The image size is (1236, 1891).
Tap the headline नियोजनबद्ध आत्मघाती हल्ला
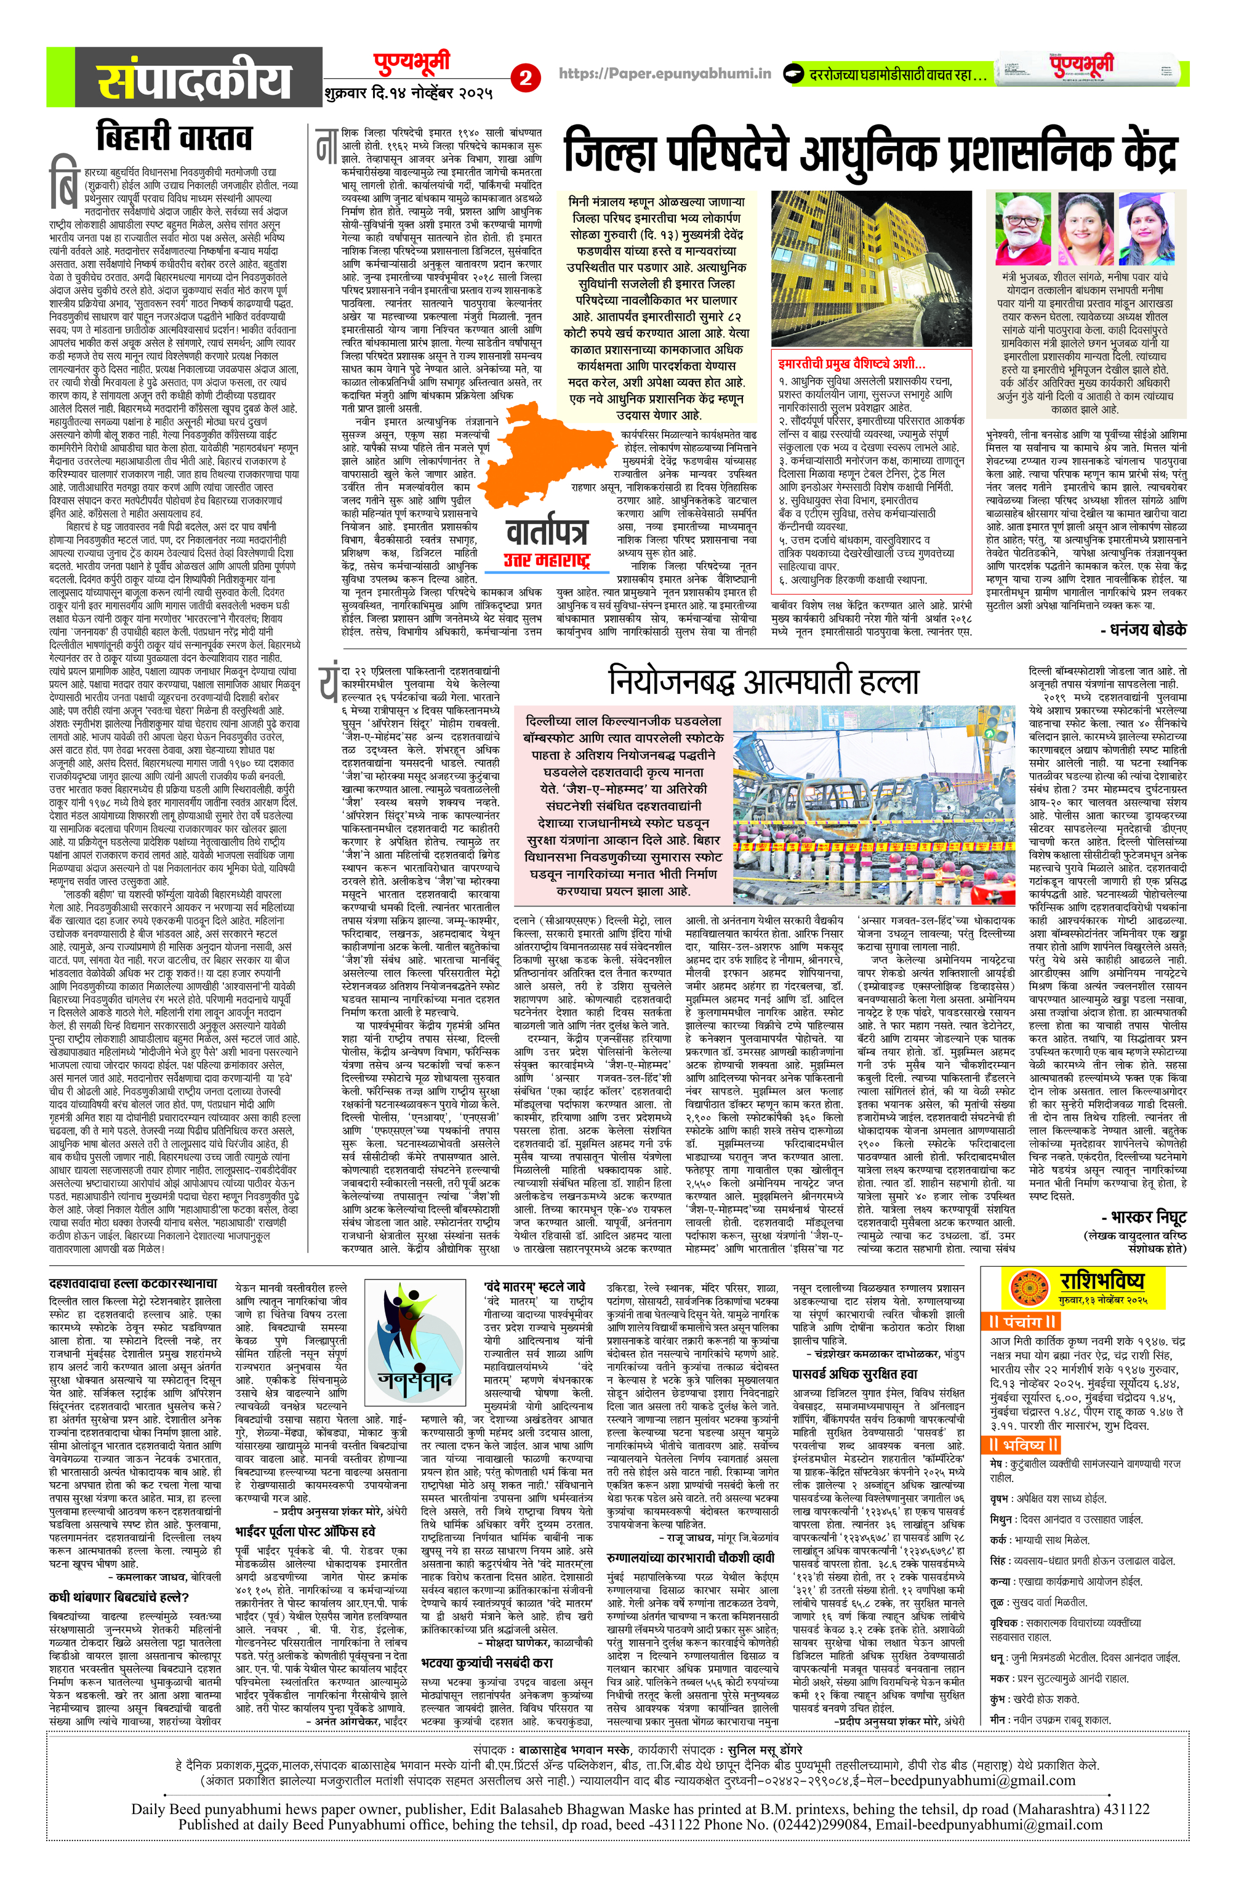[763, 680]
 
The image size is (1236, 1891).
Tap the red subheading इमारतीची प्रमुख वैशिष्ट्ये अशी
[851, 365]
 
